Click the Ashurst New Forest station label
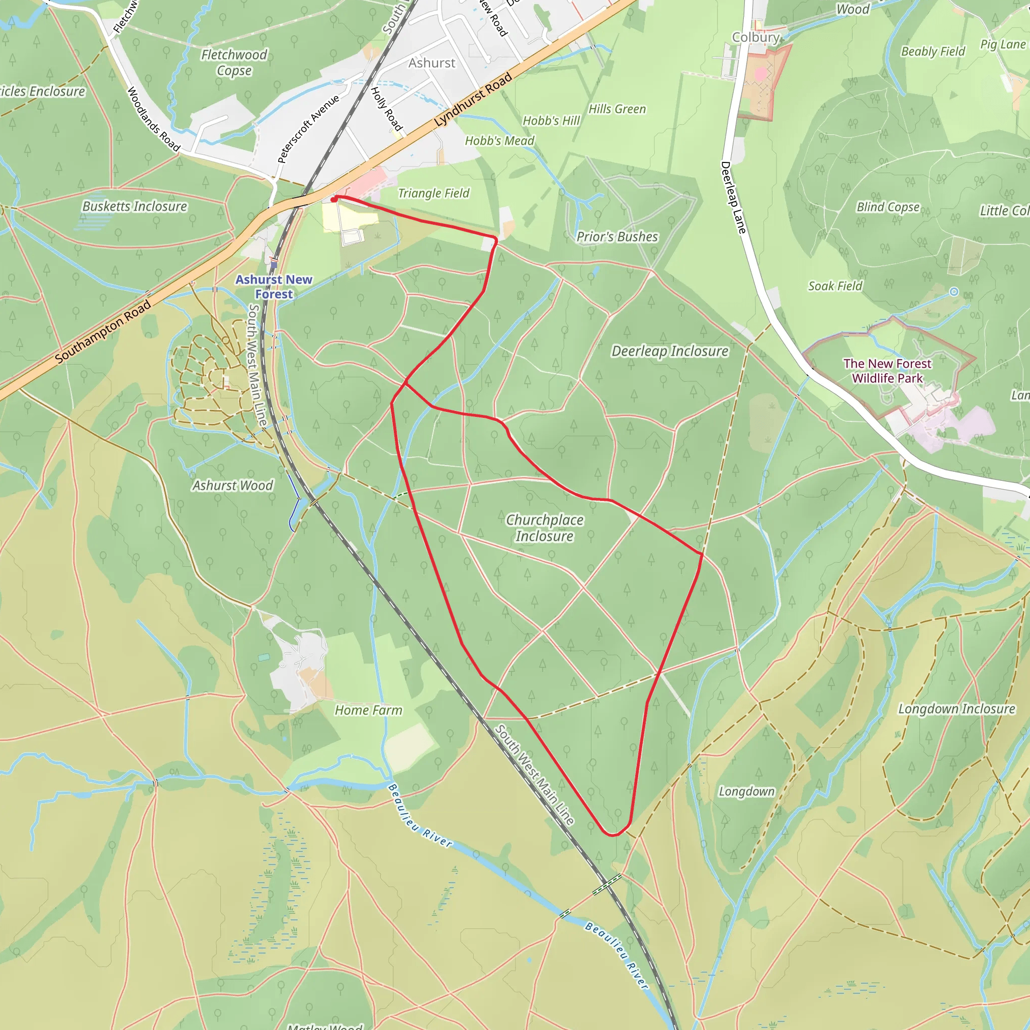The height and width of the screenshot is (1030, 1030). tap(274, 287)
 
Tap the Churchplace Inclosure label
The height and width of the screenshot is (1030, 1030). tap(544, 528)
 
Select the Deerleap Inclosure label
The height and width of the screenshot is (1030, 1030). tap(669, 352)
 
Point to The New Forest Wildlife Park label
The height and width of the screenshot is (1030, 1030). tap(887, 371)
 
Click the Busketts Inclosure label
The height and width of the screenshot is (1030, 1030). tap(135, 206)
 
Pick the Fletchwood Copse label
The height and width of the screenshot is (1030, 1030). tap(234, 62)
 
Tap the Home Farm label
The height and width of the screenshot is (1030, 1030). tap(368, 710)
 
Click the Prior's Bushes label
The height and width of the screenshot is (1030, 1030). tap(618, 237)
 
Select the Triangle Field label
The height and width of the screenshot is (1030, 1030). tap(434, 193)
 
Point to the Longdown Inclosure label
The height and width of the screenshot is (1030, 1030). tap(957, 709)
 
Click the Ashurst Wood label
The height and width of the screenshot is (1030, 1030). tap(232, 485)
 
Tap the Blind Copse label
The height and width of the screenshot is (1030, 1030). tap(888, 207)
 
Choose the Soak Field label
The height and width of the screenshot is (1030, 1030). tap(835, 286)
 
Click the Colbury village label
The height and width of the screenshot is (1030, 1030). tap(755, 37)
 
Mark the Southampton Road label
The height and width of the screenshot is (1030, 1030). tap(103, 331)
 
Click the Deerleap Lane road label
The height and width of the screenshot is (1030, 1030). tap(733, 198)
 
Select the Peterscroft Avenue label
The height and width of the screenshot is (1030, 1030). tap(308, 129)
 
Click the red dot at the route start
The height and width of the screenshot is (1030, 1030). tap(334, 199)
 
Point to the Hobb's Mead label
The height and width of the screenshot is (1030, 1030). tap(499, 141)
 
